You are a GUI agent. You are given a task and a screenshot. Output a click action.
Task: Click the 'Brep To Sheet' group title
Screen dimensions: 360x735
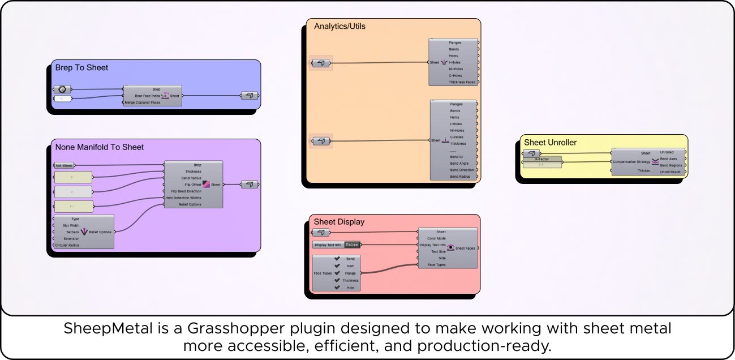click(81, 68)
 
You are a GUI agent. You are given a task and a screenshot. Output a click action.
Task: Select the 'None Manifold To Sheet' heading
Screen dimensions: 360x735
click(100, 147)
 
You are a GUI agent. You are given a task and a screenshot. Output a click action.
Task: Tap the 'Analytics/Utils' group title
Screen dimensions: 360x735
click(339, 26)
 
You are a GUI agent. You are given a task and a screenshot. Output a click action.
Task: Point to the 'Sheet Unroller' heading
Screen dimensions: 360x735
click(550, 143)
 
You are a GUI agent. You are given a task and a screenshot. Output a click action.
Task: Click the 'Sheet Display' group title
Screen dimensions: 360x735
click(339, 222)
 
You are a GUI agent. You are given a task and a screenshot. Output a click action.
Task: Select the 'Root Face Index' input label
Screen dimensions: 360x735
click(148, 96)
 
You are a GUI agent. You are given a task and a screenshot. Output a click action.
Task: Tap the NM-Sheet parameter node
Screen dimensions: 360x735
click(64, 166)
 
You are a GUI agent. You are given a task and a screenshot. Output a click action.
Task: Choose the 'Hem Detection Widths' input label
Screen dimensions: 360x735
click(186, 198)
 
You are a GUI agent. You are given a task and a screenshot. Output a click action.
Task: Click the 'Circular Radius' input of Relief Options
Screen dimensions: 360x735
click(67, 245)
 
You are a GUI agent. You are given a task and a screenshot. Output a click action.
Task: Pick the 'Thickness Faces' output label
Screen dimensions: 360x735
click(462, 82)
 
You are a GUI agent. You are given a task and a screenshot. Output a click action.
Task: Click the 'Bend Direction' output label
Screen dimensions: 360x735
click(462, 170)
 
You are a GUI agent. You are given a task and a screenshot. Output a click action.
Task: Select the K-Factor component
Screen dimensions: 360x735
click(543, 159)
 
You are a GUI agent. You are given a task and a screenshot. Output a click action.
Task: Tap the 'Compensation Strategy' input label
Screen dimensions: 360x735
click(631, 161)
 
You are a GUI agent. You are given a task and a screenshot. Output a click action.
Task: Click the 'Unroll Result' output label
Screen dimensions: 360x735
click(670, 172)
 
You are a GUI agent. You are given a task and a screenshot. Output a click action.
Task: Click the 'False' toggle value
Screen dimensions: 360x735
click(352, 245)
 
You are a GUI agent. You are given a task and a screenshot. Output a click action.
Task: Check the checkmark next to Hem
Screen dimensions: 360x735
click(337, 266)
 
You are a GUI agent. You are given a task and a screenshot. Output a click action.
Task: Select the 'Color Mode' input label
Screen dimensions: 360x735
click(436, 238)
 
